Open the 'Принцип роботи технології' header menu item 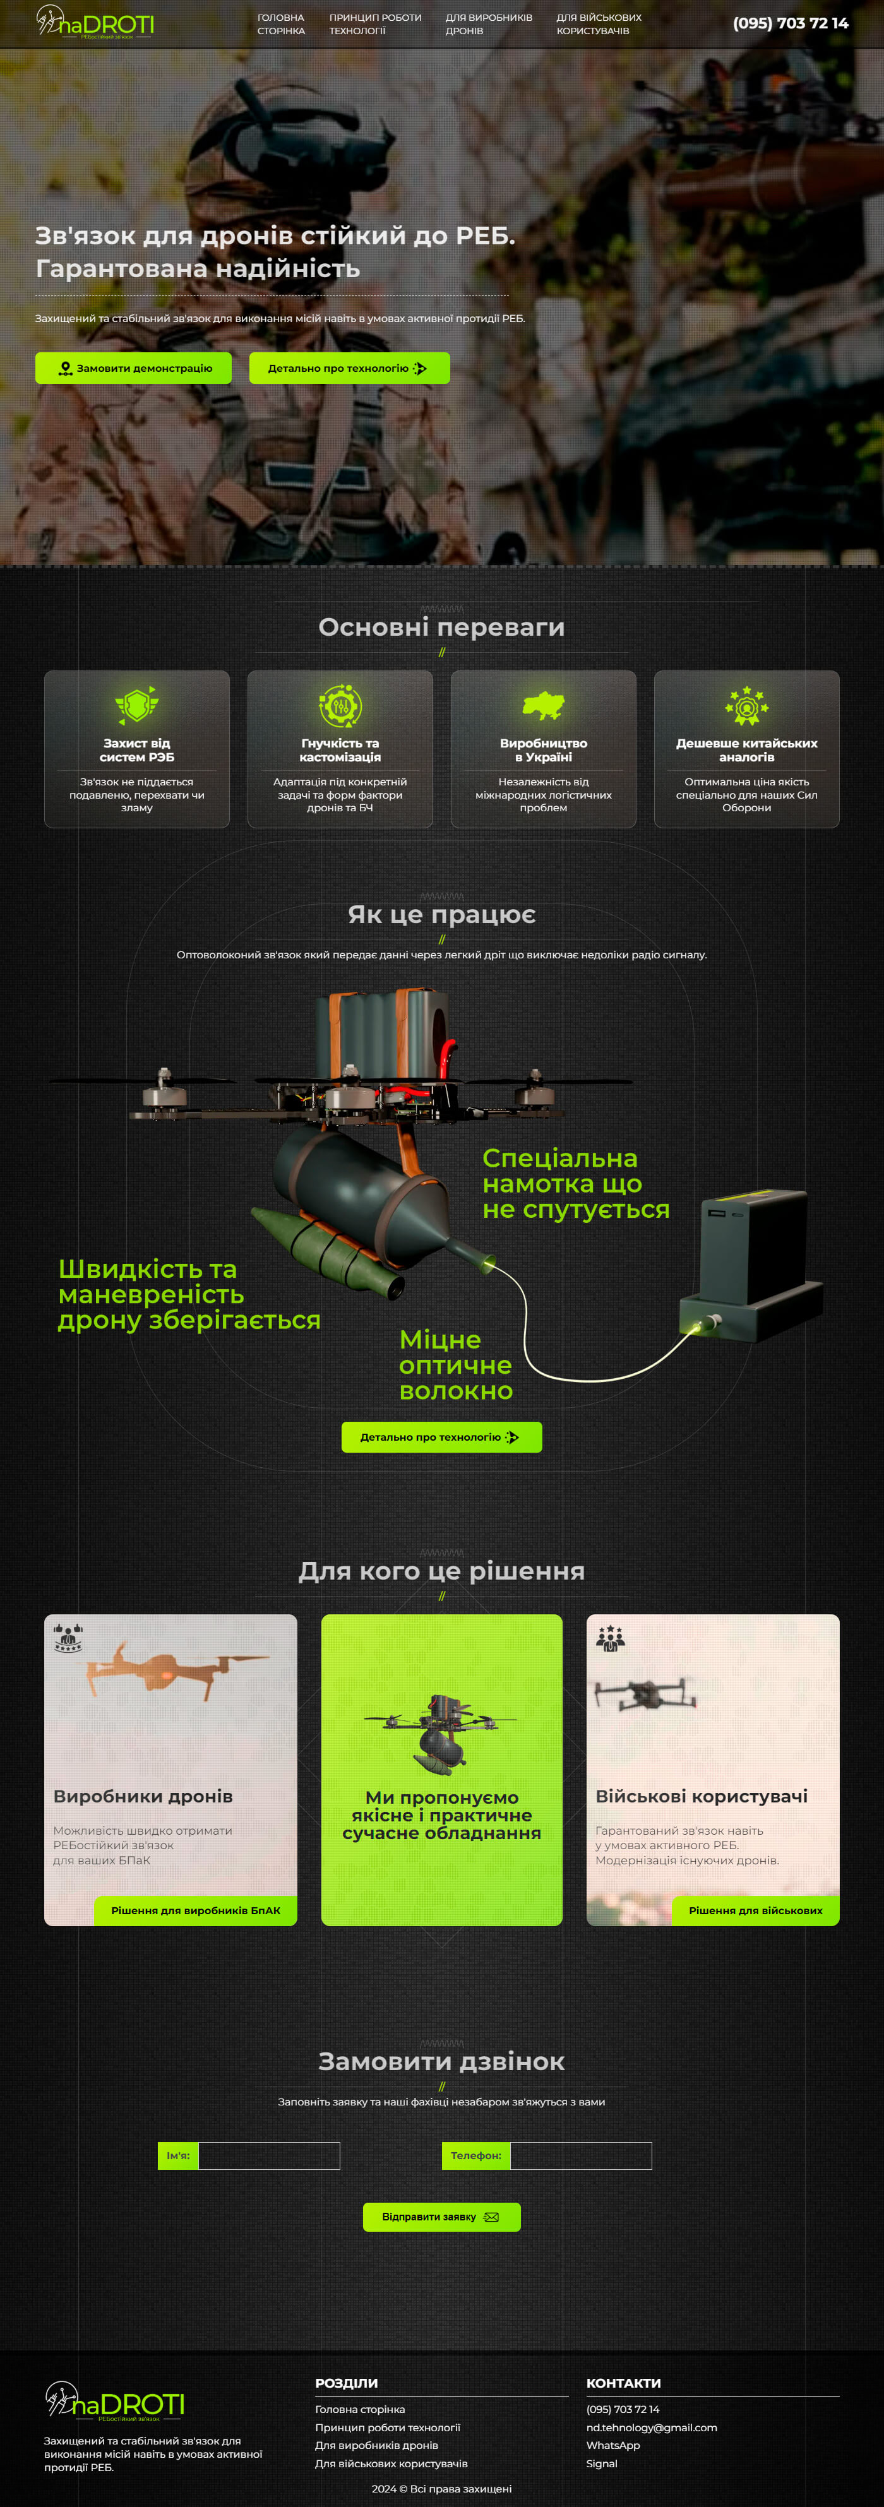click(375, 25)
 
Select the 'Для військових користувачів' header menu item click(599, 25)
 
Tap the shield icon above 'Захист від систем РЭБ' click(136, 705)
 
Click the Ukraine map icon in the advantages click(543, 706)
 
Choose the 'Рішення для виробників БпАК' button click(196, 1910)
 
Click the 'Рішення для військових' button click(755, 1910)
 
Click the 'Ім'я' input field click(269, 2156)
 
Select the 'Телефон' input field click(581, 2156)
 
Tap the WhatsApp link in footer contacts click(613, 2446)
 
